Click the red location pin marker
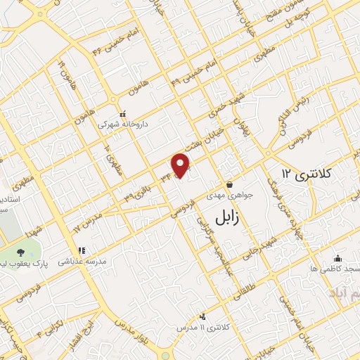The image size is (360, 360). (181, 165)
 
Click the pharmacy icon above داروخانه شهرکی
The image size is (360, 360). (122, 113)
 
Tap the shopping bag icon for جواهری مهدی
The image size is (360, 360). (229, 185)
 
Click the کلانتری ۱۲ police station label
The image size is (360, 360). (310, 172)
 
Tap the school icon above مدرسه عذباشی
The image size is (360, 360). (82, 250)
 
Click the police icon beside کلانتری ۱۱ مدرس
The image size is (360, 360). (203, 317)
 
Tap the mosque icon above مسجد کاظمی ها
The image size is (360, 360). (337, 258)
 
